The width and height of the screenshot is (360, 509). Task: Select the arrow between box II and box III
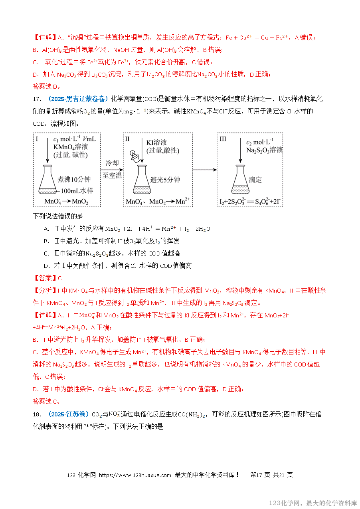point(204,170)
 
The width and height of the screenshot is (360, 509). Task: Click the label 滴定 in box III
point(255,180)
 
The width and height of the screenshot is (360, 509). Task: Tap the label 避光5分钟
point(165,180)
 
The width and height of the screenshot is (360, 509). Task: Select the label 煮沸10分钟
point(74,180)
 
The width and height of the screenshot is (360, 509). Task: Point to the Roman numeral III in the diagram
point(223,139)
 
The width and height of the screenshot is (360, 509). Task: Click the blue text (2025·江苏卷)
point(69,414)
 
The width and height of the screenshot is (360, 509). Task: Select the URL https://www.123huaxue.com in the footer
point(135,475)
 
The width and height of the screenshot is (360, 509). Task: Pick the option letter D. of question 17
point(47,266)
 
